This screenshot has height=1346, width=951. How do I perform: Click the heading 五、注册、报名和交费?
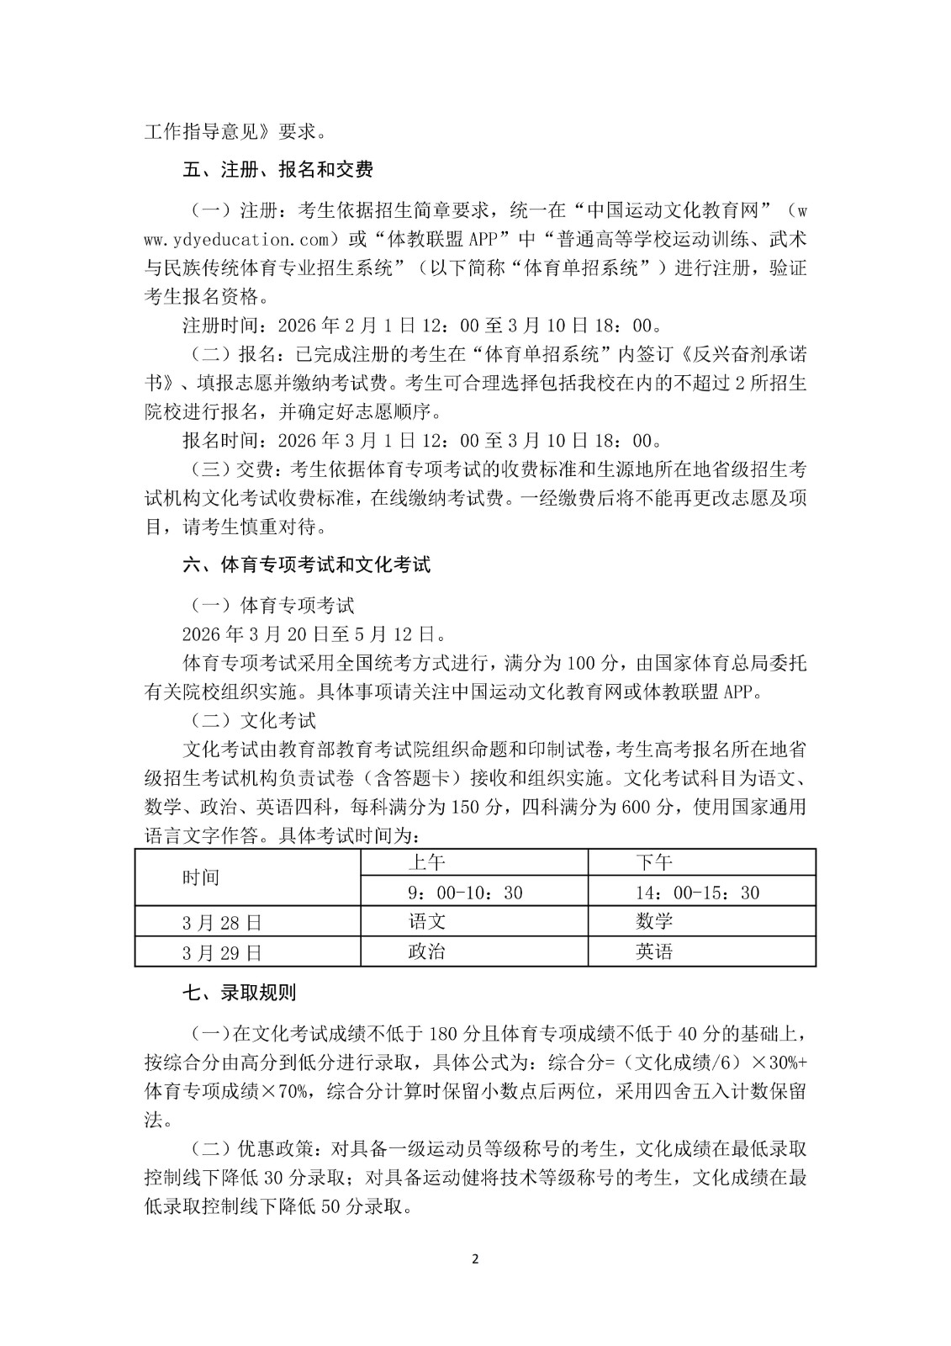277,169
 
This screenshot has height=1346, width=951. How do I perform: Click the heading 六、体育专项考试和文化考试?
306,564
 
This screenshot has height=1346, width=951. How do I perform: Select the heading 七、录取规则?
239,993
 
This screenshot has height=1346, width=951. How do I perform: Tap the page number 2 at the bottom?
475,1259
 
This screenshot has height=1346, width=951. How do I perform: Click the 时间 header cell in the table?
201,877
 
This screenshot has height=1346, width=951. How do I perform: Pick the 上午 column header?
426,862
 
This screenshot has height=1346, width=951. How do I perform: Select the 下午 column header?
654,862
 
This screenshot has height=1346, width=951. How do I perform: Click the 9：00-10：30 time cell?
465,892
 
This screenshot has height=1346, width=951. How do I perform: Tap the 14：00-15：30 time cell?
698,892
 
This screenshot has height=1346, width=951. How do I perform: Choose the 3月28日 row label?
222,922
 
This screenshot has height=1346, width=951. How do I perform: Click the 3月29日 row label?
222,952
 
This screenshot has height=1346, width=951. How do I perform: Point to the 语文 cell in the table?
426,921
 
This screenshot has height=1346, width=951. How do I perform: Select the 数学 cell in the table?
654,921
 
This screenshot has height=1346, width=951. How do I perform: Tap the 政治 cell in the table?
426,951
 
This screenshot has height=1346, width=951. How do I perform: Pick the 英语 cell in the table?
654,951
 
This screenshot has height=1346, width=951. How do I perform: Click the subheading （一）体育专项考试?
268,604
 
